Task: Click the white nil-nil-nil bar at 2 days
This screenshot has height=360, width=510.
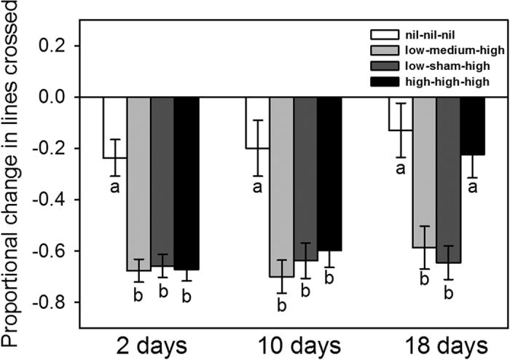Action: [x=114, y=128]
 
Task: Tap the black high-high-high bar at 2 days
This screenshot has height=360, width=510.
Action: [x=186, y=182]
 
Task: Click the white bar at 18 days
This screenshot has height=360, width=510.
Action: [x=400, y=114]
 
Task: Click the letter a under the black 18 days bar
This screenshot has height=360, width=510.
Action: [x=471, y=188]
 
